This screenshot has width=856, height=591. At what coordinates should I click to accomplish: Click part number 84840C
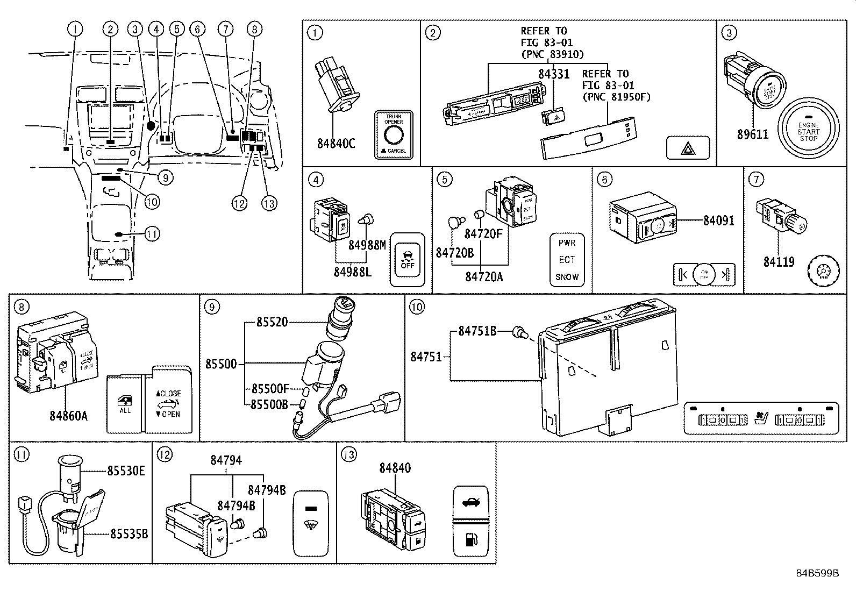pos(336,143)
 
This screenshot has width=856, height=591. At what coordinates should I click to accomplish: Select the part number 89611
pos(752,134)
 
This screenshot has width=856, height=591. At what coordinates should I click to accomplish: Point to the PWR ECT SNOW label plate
pos(567,260)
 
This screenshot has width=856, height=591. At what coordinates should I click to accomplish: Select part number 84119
pos(779,262)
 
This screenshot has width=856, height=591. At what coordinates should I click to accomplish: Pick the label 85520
pos(272,322)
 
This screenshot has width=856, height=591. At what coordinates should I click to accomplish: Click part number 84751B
pos(477,331)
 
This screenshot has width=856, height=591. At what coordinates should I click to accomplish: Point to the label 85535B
pos(129,533)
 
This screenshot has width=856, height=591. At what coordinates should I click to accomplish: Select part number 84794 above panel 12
pos(226,460)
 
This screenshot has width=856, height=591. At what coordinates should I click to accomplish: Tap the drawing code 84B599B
pos(817,573)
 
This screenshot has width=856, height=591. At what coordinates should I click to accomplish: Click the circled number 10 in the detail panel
pos(417,307)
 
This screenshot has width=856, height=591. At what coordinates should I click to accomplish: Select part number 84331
pos(554,74)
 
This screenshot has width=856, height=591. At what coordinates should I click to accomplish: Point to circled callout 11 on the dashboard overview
pos(153,234)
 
